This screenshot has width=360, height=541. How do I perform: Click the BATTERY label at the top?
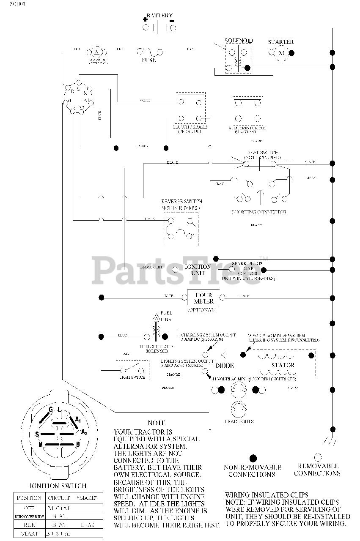click(x=159, y=16)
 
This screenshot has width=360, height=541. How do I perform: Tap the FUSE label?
click(x=148, y=60)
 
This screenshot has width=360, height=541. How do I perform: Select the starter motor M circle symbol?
click(x=281, y=53)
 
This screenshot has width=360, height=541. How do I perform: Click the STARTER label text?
click(x=281, y=42)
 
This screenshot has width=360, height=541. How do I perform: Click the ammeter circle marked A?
click(x=96, y=52)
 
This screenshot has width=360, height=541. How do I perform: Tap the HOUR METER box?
click(x=203, y=298)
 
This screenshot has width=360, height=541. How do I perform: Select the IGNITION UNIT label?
click(x=198, y=270)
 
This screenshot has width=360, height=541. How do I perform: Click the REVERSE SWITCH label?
click(x=181, y=202)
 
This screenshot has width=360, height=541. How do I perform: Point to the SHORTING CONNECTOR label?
click(x=259, y=212)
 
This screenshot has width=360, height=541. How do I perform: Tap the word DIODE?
click(x=225, y=366)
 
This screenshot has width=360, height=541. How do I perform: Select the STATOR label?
click(x=283, y=365)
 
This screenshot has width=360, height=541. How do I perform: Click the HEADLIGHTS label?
click(x=239, y=421)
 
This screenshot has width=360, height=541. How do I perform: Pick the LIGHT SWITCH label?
click(x=132, y=377)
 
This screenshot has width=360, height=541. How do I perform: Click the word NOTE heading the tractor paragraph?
click(x=157, y=423)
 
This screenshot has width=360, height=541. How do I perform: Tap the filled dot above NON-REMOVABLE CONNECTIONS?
click(x=253, y=458)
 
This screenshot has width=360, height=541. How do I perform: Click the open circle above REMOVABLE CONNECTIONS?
click(x=317, y=457)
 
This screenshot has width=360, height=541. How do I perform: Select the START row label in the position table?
click(x=29, y=534)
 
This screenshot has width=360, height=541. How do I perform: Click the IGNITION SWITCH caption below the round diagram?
click(x=58, y=486)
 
